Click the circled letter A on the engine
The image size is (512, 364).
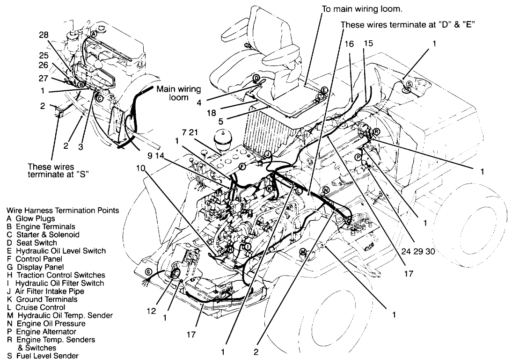coord(94,34)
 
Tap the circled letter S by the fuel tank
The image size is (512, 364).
coord(409,84)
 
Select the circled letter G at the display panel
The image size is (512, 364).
coord(148,272)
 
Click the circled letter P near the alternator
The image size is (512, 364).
coord(358,158)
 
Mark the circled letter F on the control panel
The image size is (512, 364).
coord(242,166)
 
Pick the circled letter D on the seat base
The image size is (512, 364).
coord(256,77)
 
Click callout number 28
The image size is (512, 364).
coord(44,35)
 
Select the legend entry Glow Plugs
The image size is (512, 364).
coord(35,218)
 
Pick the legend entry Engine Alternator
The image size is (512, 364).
coord(46,332)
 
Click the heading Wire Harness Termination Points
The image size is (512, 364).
coord(59,211)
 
